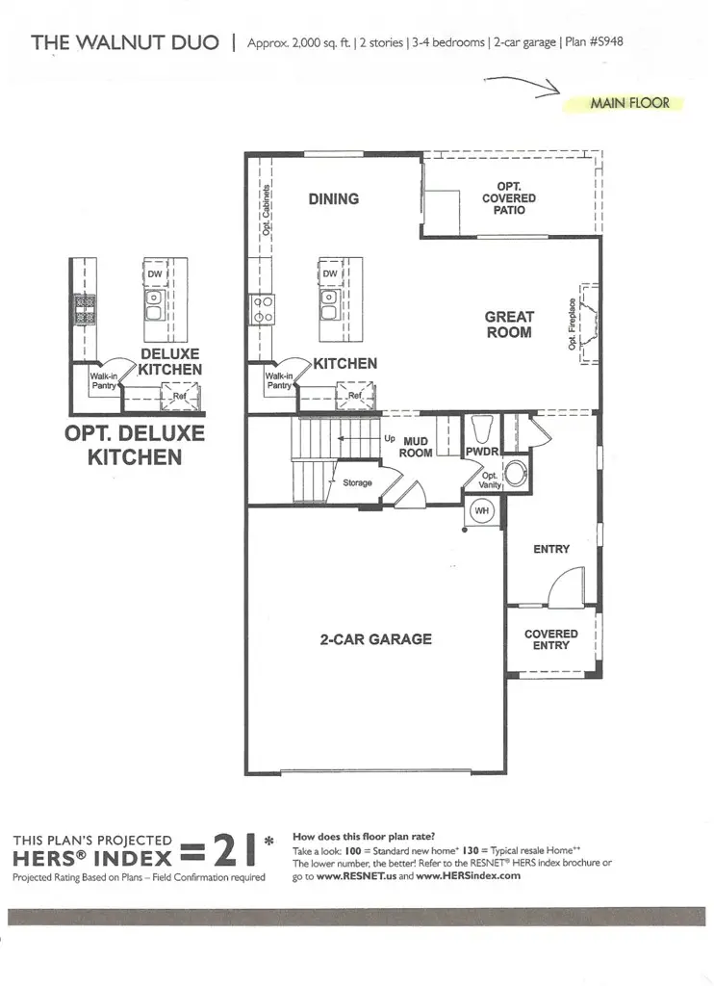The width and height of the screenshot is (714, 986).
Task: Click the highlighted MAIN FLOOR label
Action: pos(629,103)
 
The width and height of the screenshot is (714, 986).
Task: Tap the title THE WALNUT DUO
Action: pos(125,42)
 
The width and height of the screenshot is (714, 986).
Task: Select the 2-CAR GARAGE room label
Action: pos(375,638)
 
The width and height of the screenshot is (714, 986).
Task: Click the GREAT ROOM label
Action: pos(509,324)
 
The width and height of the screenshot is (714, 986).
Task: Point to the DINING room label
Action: pos(333,199)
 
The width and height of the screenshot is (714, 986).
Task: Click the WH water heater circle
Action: pos(481,511)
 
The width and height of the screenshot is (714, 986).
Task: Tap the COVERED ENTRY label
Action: pos(551,639)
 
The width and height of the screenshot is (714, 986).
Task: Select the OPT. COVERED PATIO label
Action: pos(509,197)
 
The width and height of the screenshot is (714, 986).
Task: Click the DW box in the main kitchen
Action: pos(330,273)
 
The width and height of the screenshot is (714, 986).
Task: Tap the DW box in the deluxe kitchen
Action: pos(155,273)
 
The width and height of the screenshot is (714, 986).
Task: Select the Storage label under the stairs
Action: pos(357,482)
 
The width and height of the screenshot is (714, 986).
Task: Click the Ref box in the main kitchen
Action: pos(355,395)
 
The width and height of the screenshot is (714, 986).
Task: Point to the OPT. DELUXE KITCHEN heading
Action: pos(135,445)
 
